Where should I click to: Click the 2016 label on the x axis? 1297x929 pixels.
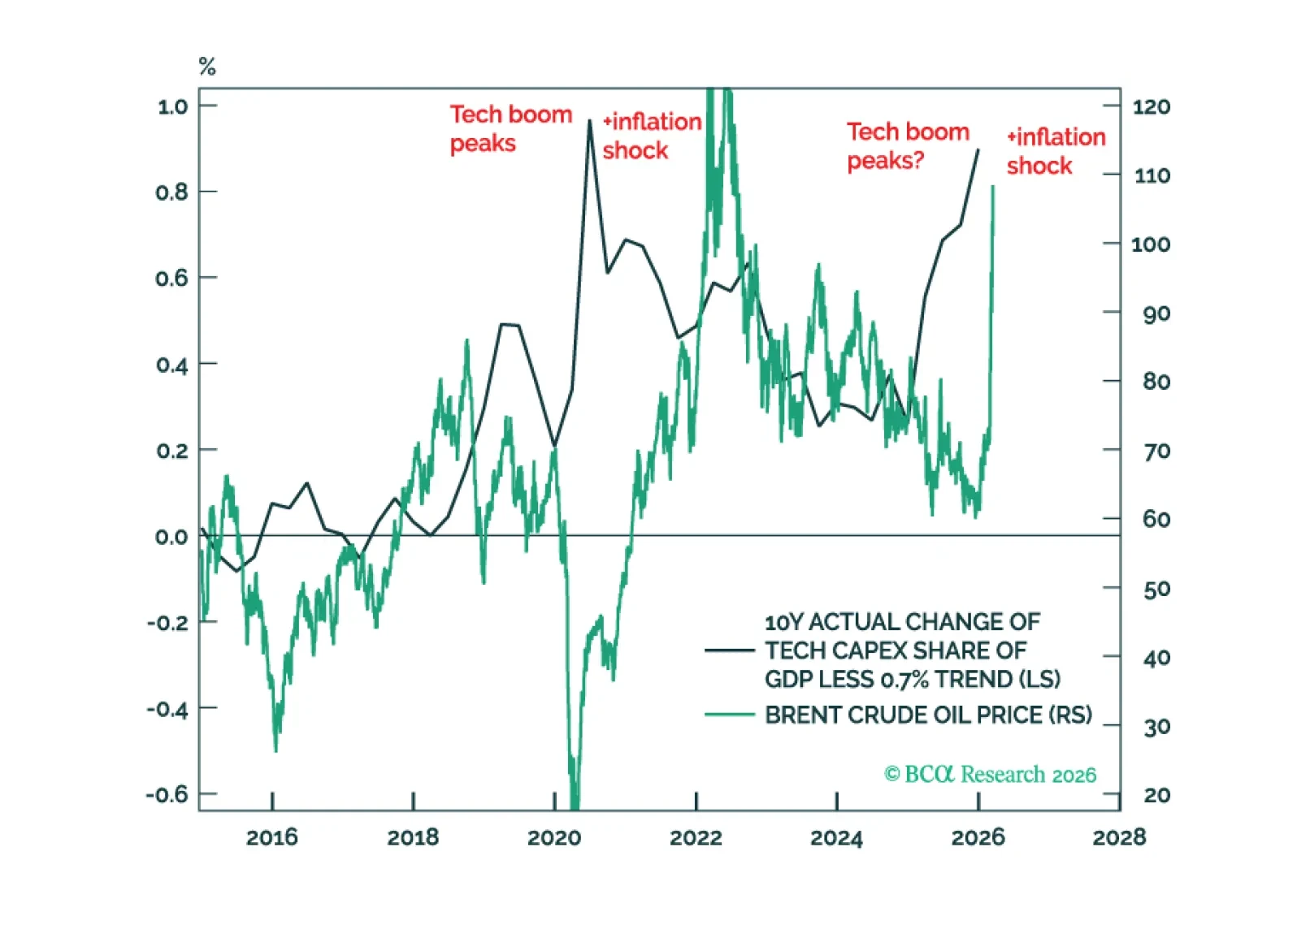tap(271, 837)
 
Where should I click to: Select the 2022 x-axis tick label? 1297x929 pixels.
tap(696, 837)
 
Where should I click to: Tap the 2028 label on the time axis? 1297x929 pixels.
tap(1119, 837)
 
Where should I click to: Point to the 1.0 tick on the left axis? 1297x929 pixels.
tap(172, 106)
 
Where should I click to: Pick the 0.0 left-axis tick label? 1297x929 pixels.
tap(171, 537)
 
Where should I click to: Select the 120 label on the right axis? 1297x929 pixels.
tap(1152, 106)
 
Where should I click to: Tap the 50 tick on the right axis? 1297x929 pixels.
tap(1156, 589)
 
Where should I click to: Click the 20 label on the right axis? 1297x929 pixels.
tap(1156, 795)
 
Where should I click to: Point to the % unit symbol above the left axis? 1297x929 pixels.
tap(207, 67)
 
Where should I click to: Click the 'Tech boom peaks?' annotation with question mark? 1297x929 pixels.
tap(908, 146)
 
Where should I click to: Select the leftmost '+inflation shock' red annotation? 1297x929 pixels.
tap(651, 136)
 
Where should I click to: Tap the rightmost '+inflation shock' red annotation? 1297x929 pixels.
tap(1056, 151)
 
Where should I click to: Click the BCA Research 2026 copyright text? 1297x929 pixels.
tap(990, 774)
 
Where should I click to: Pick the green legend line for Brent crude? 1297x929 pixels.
tap(729, 715)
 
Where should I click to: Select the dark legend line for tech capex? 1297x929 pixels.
tap(729, 650)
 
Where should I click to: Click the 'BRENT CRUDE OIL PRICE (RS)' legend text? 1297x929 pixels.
tap(928, 715)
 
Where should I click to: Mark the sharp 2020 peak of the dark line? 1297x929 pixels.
tap(590, 120)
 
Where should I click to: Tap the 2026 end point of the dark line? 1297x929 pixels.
tap(978, 150)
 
